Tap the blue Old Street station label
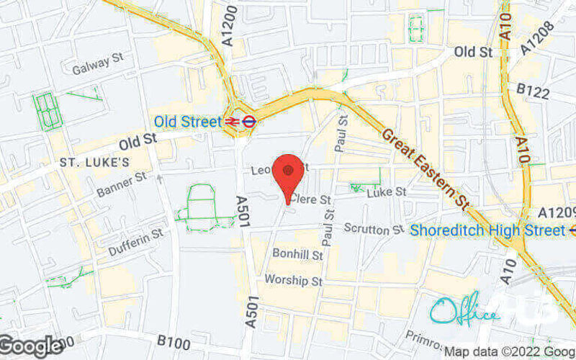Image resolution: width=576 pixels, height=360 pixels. (187, 122)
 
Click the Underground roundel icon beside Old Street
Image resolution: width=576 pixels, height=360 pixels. (248, 122)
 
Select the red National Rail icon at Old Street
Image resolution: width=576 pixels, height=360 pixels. (233, 122)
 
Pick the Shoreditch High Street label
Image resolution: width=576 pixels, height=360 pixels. (487, 230)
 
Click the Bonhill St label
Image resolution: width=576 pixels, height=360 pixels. (297, 254)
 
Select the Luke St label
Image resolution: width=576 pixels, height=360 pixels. (387, 192)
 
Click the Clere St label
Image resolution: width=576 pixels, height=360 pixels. (311, 199)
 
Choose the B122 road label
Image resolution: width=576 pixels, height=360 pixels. (534, 92)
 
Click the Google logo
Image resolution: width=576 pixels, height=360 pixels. (30, 346)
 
